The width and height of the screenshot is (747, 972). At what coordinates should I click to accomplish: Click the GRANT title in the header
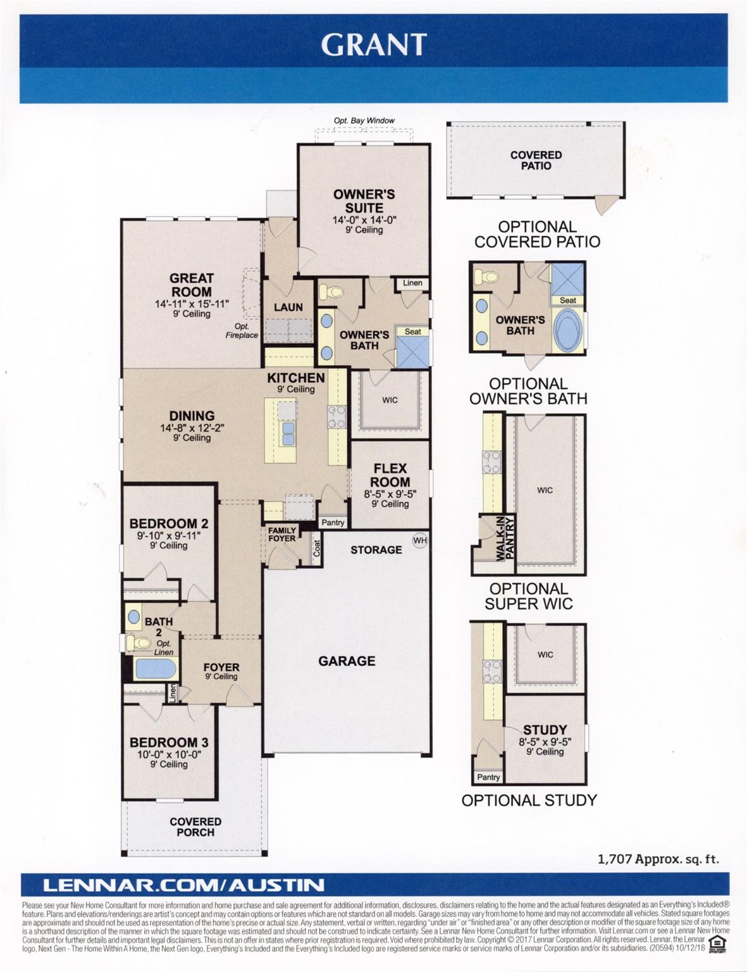pos(373,44)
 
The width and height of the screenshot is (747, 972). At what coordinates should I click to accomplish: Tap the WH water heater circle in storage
pos(420,540)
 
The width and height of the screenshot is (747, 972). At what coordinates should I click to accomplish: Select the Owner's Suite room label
pos(364,201)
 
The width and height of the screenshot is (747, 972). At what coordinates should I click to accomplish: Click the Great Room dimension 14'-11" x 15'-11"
pos(192,304)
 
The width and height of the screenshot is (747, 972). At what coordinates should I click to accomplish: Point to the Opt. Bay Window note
pos(364,120)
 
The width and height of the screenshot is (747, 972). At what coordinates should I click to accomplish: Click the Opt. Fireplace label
pos(242,331)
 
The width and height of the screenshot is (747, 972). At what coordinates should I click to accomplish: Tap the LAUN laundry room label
pos(288,307)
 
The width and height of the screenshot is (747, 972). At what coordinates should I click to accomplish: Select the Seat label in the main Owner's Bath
pos(412,332)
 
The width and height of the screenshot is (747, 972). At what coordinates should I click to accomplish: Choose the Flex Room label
pos(390,475)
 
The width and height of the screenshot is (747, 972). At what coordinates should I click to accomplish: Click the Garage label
pos(347,661)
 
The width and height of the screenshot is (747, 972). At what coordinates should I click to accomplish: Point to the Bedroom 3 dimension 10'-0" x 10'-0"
pos(169,754)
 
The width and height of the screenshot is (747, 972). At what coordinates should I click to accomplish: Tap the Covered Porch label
pos(195,826)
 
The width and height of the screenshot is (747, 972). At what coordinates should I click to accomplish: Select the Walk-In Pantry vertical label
pos(505,538)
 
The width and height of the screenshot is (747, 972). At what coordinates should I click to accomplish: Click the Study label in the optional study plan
pos(545,730)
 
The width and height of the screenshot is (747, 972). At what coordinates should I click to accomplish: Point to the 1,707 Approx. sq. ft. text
pos(658,859)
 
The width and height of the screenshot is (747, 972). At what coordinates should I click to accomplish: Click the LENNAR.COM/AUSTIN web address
pos(174,885)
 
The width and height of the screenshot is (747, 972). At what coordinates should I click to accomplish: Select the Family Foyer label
pos(281,535)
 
